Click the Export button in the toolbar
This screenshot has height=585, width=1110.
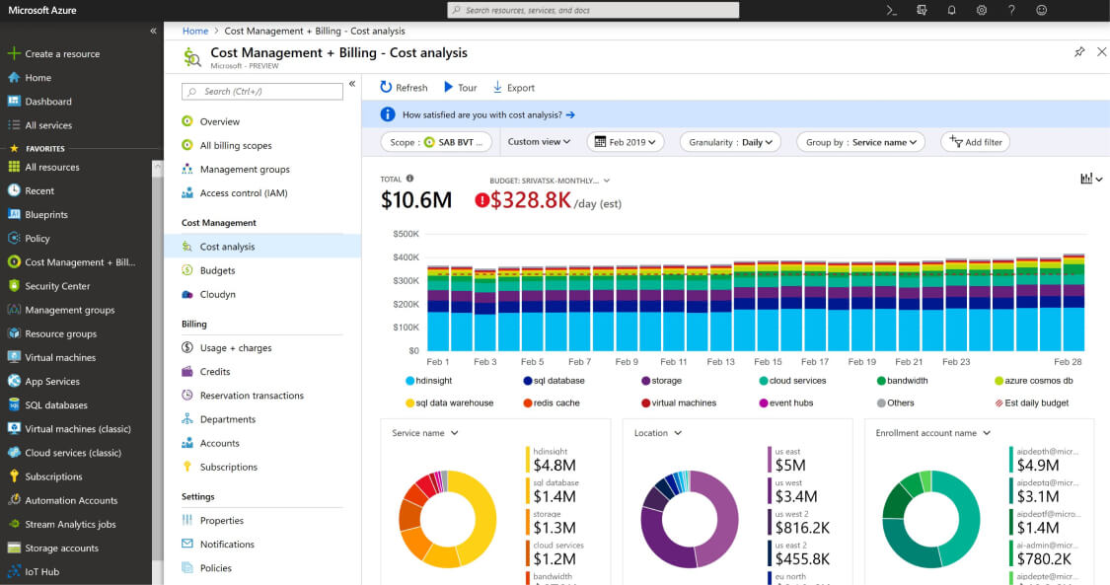[513, 88]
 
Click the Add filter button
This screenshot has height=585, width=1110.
[975, 142]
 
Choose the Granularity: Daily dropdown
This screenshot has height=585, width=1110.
[729, 142]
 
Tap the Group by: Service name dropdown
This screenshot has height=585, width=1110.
[859, 142]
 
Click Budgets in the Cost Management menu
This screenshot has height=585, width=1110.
[217, 270]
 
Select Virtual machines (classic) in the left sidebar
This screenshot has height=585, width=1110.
[74, 429]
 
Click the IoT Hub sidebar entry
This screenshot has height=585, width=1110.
[41, 572]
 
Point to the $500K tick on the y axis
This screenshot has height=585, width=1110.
[406, 234]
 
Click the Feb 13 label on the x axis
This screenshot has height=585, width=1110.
[720, 362]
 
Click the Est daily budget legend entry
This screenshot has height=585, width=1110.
[1032, 403]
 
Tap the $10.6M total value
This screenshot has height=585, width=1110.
[415, 200]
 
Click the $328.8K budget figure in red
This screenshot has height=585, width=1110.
[532, 200]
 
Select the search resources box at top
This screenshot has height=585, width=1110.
[593, 10]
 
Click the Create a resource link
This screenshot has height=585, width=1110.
[61, 54]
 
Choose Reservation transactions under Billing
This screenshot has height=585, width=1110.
[252, 396]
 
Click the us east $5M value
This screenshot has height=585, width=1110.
[791, 465]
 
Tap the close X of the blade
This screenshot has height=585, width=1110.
[1101, 52]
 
